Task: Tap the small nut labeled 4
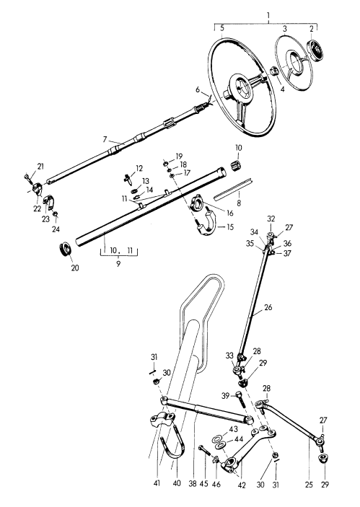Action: (275, 71)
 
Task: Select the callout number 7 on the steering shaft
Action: (105, 139)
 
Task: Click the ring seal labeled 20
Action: (66, 250)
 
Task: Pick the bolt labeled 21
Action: (27, 177)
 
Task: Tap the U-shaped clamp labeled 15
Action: (205, 222)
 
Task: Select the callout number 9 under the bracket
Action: (118, 263)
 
